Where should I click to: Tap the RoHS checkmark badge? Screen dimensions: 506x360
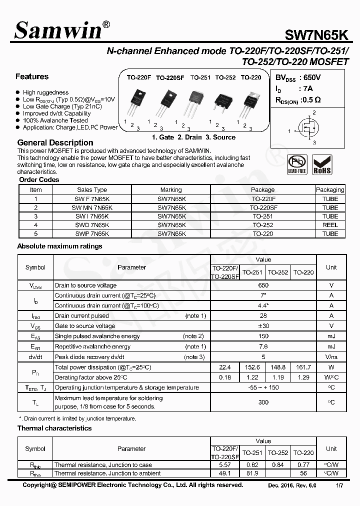(321, 164)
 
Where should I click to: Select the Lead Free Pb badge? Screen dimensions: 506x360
(297, 164)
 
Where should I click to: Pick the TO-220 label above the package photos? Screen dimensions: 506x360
(251, 77)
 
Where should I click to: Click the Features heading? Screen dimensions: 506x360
(32, 76)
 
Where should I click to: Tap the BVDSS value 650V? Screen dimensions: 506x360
(310, 78)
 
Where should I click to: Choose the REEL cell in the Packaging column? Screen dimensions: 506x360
(330, 225)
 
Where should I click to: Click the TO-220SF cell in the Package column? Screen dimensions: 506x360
(263, 207)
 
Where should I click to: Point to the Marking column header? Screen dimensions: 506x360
(171, 190)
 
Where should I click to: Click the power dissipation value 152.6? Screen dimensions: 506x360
(252, 367)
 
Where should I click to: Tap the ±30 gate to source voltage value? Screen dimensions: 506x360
(263, 326)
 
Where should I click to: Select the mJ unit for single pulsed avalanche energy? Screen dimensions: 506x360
(331, 336)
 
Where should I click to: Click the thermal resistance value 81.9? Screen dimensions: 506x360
(252, 473)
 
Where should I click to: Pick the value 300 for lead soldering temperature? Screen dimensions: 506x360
(263, 402)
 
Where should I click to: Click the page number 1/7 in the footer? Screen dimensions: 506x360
(339, 485)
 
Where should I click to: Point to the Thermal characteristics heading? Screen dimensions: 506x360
(54, 428)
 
